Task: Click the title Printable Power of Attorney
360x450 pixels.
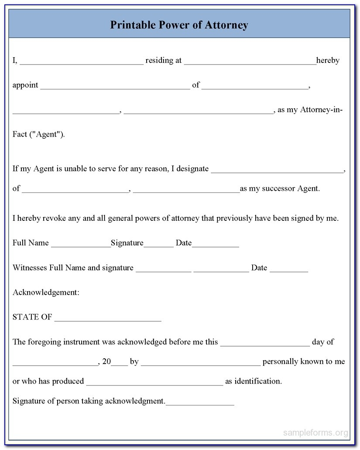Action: pos(179,25)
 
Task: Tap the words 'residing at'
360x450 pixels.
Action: pos(163,61)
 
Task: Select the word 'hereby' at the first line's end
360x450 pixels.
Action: pos(328,61)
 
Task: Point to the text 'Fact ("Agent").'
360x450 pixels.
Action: pos(39,134)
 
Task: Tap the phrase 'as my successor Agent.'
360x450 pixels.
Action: pos(280,189)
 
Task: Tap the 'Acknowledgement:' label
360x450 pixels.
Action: pos(46,292)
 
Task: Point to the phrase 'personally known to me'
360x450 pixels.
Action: pos(304,361)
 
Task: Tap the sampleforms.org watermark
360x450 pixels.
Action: pos(316,433)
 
